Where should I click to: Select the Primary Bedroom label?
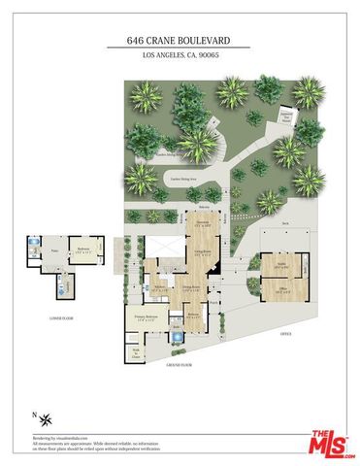[135, 317]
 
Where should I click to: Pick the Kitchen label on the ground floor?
[161, 288]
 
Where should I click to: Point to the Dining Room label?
[193, 288]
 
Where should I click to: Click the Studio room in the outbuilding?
[284, 265]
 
